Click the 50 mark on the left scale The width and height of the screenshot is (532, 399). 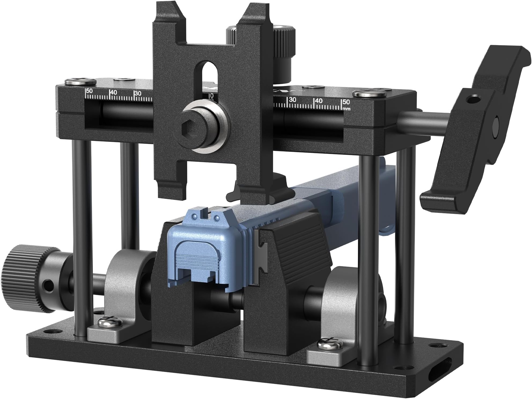(89, 91)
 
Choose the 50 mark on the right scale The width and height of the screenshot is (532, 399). (346, 102)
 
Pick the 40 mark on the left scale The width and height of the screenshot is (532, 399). (113, 92)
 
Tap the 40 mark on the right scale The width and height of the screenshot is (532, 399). (319, 101)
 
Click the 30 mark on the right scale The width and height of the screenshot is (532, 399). (293, 100)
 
